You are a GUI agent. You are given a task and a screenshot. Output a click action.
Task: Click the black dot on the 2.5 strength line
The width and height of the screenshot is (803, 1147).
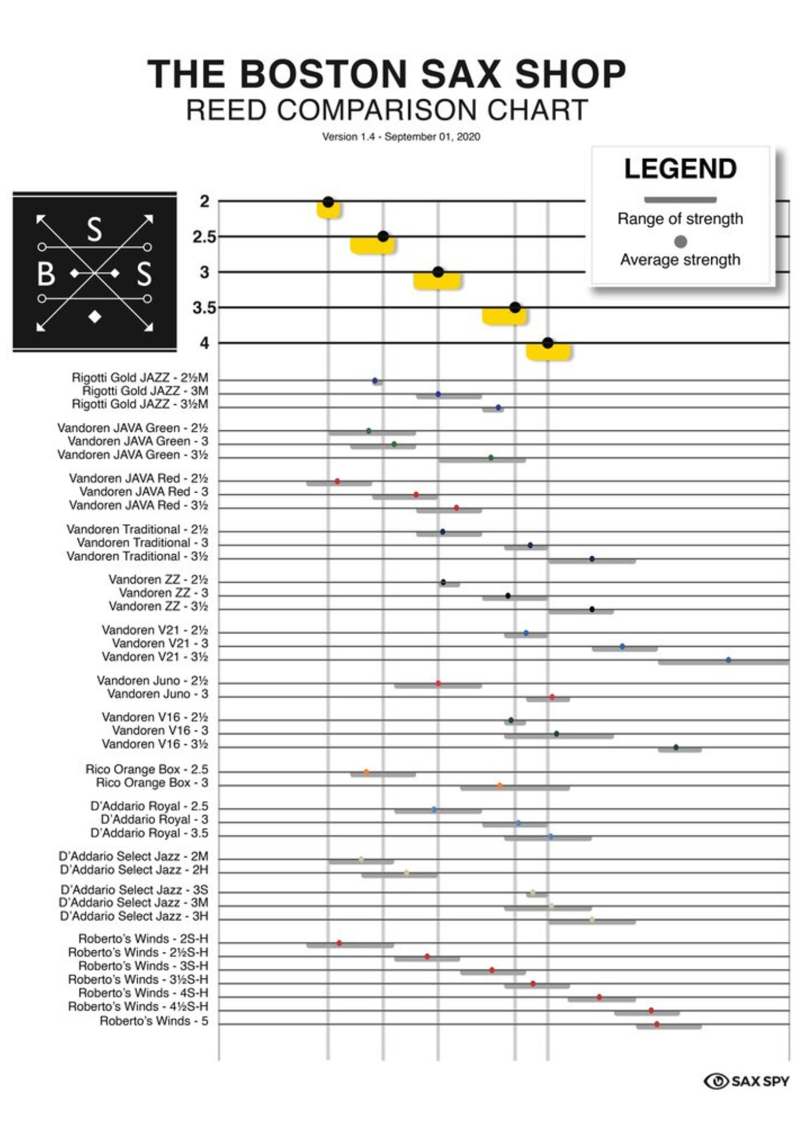(x=383, y=236)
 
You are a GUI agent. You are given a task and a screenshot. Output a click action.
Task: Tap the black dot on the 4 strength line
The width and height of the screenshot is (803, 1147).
(x=548, y=343)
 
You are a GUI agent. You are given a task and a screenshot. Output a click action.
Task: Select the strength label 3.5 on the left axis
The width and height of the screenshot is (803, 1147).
(x=204, y=309)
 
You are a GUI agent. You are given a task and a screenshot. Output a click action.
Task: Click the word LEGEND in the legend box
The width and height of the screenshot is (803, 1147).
(x=680, y=169)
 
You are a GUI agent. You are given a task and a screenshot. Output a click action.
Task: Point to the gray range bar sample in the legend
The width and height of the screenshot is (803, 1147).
(x=680, y=200)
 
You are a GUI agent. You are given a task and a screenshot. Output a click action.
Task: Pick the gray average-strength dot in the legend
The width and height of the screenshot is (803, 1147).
(x=680, y=241)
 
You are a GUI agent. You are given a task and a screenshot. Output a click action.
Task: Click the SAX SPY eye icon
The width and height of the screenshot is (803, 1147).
(x=716, y=1081)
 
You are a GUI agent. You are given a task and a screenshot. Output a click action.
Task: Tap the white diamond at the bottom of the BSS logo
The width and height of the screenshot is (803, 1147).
(x=95, y=316)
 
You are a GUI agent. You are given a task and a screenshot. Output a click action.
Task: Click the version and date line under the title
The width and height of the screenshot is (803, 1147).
(x=401, y=137)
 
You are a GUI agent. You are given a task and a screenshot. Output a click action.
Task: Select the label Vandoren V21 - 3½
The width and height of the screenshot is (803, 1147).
(x=155, y=657)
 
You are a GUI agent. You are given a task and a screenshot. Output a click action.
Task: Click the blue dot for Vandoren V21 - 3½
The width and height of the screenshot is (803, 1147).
(x=728, y=660)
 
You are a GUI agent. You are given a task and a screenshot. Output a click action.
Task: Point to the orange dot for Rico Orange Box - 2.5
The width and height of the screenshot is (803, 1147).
(x=366, y=772)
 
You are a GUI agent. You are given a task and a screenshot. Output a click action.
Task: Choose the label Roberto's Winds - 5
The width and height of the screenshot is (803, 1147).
(x=154, y=1021)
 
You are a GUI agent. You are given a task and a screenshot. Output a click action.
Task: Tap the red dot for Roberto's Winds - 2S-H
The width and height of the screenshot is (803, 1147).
(x=339, y=943)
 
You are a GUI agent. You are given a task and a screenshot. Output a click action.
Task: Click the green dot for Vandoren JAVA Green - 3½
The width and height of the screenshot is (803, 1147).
(x=490, y=458)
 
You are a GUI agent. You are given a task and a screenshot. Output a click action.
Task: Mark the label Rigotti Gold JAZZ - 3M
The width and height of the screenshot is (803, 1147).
(x=145, y=391)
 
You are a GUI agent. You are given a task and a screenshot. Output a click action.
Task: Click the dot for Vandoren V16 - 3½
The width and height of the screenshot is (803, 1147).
(x=676, y=747)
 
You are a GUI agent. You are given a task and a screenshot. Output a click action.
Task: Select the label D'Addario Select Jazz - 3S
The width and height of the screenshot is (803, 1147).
(x=134, y=890)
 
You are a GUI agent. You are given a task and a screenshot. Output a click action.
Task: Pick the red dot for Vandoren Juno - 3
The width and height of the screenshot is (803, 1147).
(x=552, y=697)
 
